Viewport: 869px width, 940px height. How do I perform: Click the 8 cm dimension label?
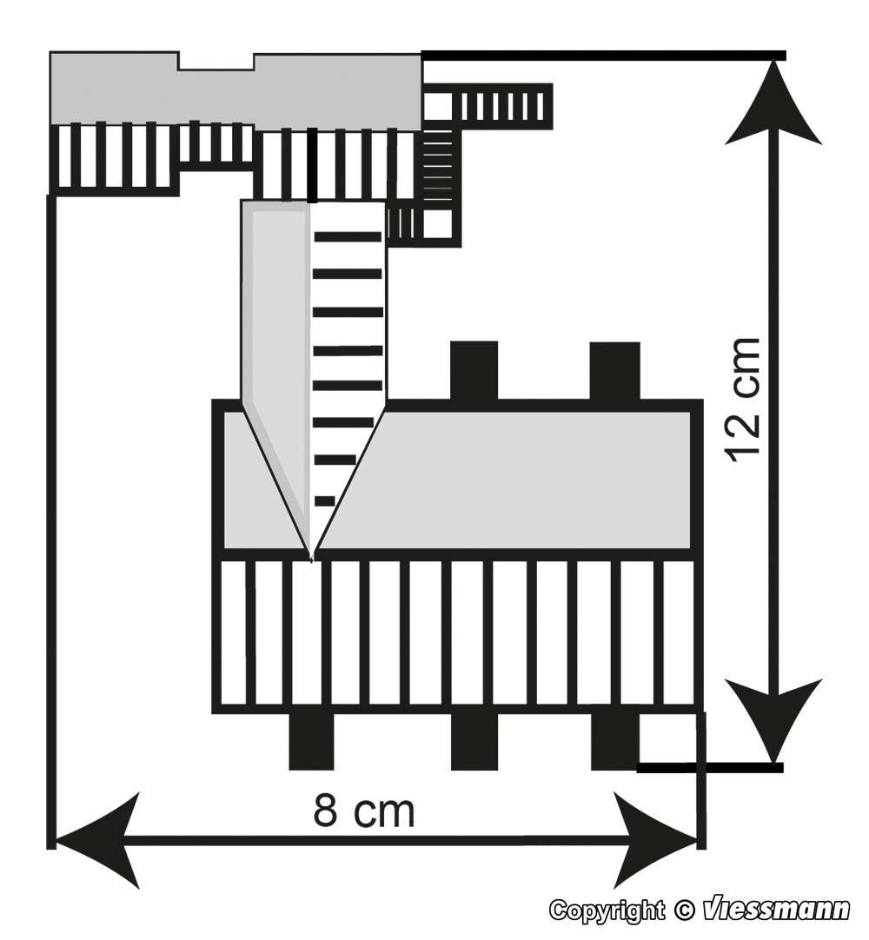pos(363,811)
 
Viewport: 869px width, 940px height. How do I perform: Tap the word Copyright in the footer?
pos(607,910)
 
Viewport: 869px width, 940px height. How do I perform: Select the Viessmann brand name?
pos(777,910)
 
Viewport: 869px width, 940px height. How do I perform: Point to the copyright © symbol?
pos(684,910)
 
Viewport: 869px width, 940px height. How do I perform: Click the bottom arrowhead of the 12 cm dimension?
pos(773,720)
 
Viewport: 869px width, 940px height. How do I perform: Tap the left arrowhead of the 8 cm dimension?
pos(96,840)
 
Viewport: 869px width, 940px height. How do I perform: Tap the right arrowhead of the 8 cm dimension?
pos(653,840)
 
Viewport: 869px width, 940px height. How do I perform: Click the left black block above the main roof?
pos(474,370)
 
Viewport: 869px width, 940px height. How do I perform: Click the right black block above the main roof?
pos(614,371)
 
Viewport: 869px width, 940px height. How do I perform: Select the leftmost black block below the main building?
pos(311,742)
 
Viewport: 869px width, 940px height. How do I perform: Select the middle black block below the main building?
pos(474,742)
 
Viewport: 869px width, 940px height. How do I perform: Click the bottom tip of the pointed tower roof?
pos(311,560)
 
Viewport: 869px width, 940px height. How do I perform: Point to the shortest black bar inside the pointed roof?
pos(324,500)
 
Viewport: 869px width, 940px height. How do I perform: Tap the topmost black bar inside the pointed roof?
pos(348,236)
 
